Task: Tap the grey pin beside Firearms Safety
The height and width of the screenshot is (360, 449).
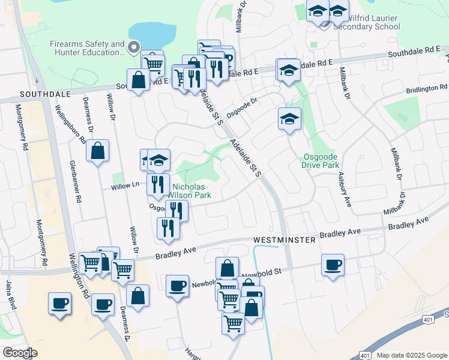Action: coord(135,46)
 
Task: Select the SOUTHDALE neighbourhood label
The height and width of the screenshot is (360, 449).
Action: coord(41,95)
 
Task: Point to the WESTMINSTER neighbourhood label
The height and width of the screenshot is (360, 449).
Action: coord(285,239)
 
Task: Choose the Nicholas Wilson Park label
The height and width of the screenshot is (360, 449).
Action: coord(190,190)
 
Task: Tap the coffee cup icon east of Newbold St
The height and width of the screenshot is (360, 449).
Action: coord(332,265)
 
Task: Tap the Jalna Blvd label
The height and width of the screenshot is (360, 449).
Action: coord(10,294)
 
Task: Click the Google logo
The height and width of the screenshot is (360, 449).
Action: coord(20,352)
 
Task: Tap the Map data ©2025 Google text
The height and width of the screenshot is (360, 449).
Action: coord(412,355)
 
